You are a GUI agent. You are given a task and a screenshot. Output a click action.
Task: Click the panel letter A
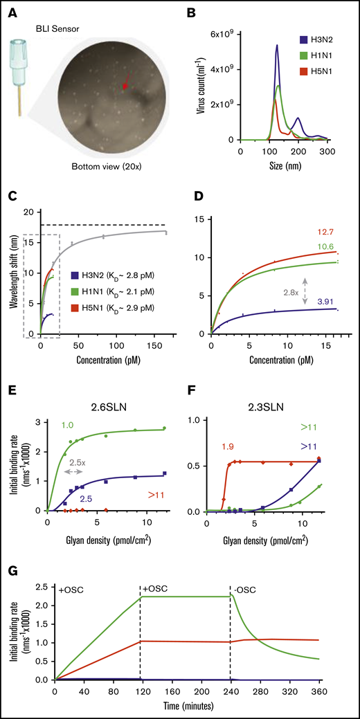(x=12, y=10)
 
